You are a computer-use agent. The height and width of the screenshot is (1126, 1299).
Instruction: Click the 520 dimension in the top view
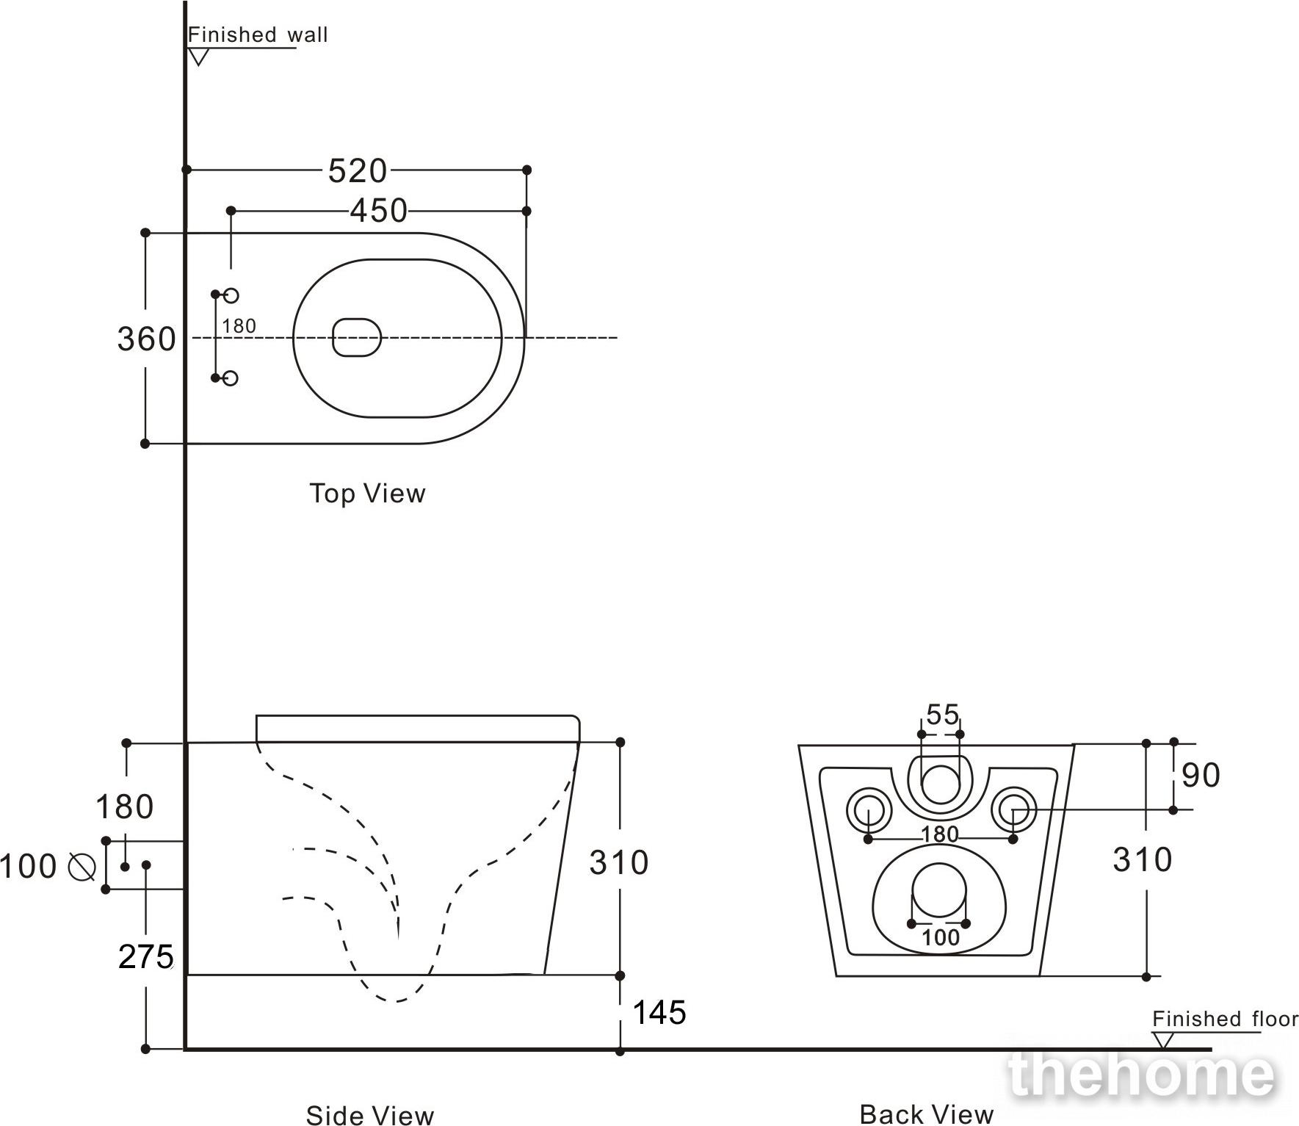click(357, 170)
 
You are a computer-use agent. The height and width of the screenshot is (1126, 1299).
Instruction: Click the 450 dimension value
click(378, 211)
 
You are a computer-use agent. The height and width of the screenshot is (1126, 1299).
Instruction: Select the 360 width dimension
click(147, 339)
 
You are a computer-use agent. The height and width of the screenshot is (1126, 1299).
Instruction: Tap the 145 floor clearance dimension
click(659, 1012)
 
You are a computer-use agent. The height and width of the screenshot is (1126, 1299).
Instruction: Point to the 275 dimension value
click(145, 956)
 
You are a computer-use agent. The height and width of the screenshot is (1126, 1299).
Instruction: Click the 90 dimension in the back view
click(1201, 775)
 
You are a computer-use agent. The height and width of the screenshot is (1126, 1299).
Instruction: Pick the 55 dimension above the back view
click(942, 714)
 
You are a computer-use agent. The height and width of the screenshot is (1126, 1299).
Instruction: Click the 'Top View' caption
click(367, 493)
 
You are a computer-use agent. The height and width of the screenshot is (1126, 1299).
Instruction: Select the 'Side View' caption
click(370, 1115)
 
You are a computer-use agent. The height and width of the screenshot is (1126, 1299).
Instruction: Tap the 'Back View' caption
click(927, 1114)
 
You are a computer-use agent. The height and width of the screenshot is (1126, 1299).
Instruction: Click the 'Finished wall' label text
click(258, 35)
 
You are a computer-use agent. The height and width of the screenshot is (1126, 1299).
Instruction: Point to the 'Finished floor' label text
click(1225, 1019)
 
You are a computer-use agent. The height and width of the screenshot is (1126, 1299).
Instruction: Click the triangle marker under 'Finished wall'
click(198, 57)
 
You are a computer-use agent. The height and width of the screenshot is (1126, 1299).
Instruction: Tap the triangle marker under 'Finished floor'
click(1162, 1040)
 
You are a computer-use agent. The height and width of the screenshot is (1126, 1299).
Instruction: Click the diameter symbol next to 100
click(82, 867)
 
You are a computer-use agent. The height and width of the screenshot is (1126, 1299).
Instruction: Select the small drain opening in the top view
click(357, 338)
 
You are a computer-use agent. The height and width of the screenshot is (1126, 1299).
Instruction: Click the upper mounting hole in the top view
click(231, 295)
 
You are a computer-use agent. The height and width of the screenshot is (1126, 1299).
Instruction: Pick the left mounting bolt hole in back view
click(869, 810)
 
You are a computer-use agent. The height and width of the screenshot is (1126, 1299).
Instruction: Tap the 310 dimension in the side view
click(619, 862)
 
